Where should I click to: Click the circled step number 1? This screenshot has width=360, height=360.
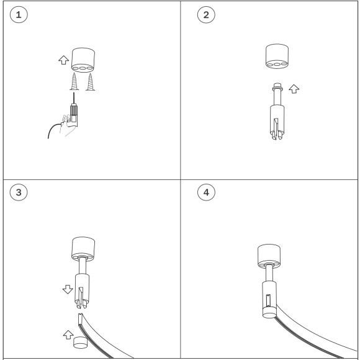pyautogui.click(x=19, y=15)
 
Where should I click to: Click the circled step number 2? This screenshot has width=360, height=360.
pyautogui.click(x=206, y=15)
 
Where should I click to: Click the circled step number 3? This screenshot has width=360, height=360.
pyautogui.click(x=19, y=192)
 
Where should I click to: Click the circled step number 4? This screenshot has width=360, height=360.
pyautogui.click(x=206, y=192)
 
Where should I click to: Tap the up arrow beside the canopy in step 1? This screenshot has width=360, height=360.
pyautogui.click(x=63, y=60)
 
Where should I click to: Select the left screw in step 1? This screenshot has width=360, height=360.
pyautogui.click(x=74, y=81)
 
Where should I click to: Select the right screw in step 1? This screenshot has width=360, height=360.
pyautogui.click(x=90, y=82)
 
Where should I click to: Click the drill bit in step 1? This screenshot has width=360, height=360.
pyautogui.click(x=74, y=98)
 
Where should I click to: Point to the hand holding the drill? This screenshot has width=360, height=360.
pyautogui.click(x=67, y=125)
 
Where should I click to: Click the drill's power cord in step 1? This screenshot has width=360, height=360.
pyautogui.click(x=52, y=128)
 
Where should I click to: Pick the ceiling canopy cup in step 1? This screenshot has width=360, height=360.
pyautogui.click(x=83, y=60)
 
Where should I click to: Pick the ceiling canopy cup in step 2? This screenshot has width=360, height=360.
pyautogui.click(x=277, y=56)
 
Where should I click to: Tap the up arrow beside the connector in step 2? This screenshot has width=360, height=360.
pyautogui.click(x=294, y=89)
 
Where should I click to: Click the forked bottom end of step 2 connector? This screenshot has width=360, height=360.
pyautogui.click(x=277, y=135)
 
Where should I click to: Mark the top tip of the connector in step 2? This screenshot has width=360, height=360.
pyautogui.click(x=277, y=83)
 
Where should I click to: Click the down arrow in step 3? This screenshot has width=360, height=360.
pyautogui.click(x=68, y=289)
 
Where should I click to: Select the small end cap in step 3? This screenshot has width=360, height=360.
pyautogui.click(x=80, y=343)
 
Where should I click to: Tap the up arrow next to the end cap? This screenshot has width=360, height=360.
pyautogui.click(x=68, y=335)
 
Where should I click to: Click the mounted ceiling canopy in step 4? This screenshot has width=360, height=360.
pyautogui.click(x=269, y=256)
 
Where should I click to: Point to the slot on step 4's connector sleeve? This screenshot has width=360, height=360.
pyautogui.click(x=268, y=300)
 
